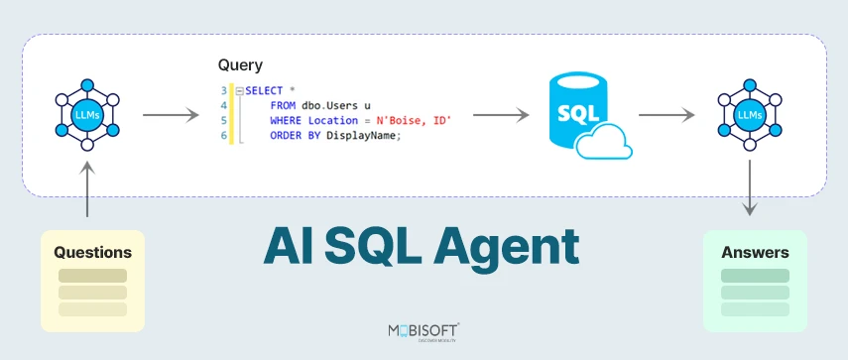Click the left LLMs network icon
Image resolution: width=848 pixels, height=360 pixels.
click(x=87, y=116)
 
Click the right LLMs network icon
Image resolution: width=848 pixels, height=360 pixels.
click(x=750, y=116)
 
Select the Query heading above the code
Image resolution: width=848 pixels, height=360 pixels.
click(x=240, y=65)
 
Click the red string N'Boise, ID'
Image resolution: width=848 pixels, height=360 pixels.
click(x=414, y=120)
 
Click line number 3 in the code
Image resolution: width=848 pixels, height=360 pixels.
click(x=224, y=90)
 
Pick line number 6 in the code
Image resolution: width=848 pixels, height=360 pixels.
click(x=224, y=135)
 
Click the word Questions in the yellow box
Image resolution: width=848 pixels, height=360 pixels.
click(x=92, y=252)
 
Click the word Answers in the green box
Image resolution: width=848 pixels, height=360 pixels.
click(x=755, y=252)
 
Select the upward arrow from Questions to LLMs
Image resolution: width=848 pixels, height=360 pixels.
click(x=87, y=190)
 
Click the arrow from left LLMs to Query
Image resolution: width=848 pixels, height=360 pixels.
click(x=171, y=116)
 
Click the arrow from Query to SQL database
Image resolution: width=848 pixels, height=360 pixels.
click(x=500, y=116)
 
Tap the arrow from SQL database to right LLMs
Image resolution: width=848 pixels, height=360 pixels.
click(x=665, y=116)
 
